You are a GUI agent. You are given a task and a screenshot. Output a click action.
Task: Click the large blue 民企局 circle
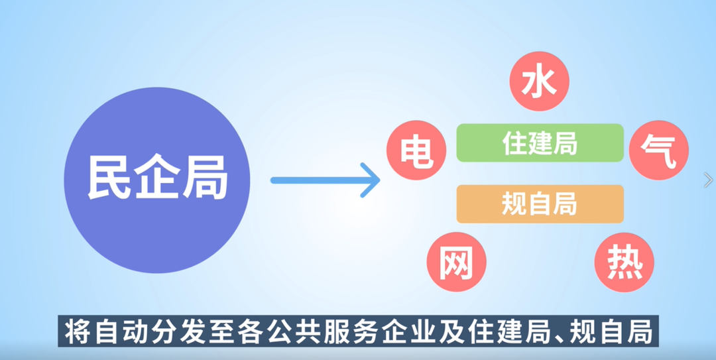[156, 180]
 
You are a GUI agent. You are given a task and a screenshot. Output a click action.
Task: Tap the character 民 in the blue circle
[109, 179]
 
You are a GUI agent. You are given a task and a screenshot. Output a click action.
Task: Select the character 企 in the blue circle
[157, 179]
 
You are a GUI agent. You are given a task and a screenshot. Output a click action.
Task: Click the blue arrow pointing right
[325, 180]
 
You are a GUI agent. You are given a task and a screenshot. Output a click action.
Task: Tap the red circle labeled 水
[539, 81]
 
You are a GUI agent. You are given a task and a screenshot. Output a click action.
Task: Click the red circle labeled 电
[416, 150]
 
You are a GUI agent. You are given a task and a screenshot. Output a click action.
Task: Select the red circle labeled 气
[658, 150]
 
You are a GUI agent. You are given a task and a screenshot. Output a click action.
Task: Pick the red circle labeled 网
[456, 263]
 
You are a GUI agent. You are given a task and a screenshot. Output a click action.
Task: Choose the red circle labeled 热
[625, 263]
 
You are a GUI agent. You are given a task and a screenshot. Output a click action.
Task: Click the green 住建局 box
[540, 143]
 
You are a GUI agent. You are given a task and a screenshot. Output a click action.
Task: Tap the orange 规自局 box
[540, 204]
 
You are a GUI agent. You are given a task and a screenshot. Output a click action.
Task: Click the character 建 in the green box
[540, 143]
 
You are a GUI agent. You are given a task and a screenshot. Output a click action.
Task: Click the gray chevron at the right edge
[708, 180]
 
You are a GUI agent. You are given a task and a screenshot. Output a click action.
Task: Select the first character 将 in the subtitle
[76, 332]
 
